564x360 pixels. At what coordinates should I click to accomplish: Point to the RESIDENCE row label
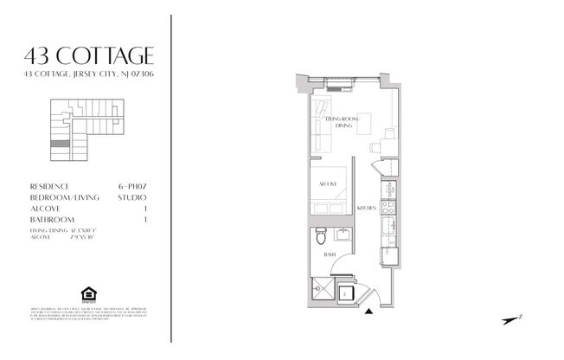(x=49, y=186)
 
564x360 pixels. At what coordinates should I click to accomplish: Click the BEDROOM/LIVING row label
(x=63, y=198)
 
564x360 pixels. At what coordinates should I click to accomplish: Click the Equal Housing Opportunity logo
(x=87, y=290)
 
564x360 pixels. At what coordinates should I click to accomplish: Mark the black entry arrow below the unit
(x=369, y=311)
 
